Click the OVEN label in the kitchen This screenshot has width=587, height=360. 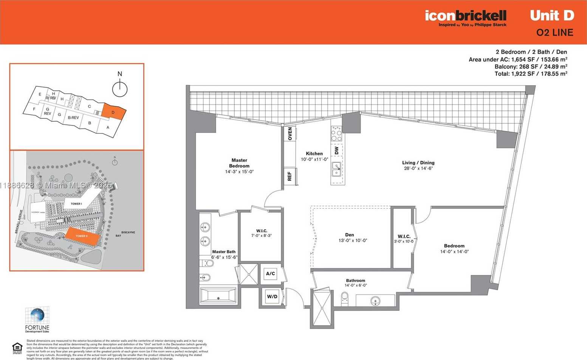coord(290,133)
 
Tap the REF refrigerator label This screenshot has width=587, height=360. coord(290,176)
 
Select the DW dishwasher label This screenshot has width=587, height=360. coord(336,151)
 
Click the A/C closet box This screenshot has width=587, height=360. coord(270,273)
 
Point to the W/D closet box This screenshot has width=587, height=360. coord(272,296)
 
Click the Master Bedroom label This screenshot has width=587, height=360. coord(239,163)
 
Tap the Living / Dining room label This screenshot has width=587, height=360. coord(418,163)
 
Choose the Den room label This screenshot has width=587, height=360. coord(349,235)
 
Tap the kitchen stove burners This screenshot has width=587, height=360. coord(336,133)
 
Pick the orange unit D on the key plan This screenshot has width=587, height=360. coord(113,112)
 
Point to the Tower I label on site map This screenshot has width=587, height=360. coord(76,204)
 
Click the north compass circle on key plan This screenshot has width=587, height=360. coord(120,89)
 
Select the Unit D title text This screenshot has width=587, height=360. coord(552,16)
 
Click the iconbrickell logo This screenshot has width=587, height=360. coord(465,16)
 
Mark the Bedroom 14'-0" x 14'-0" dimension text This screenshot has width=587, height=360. coord(454,251)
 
